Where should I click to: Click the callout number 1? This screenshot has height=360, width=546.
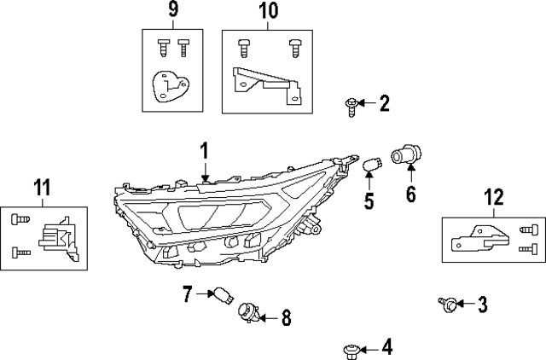click(x=205, y=151)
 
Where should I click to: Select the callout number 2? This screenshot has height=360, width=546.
click(x=384, y=104)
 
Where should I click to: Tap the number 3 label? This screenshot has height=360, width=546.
click(x=482, y=303)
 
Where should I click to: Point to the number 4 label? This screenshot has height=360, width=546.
click(x=386, y=347)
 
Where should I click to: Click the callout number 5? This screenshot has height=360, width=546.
click(x=369, y=201)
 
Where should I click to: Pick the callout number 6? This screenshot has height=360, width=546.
click(x=410, y=195)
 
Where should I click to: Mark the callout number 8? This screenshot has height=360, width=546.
click(x=286, y=318)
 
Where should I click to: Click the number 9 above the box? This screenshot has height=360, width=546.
click(x=173, y=11)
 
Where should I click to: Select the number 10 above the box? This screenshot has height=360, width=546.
click(x=267, y=11)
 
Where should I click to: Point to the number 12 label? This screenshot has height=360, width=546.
click(x=494, y=197)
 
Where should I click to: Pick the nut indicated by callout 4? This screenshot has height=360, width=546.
click(x=351, y=348)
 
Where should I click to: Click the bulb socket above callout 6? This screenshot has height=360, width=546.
click(x=402, y=155)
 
